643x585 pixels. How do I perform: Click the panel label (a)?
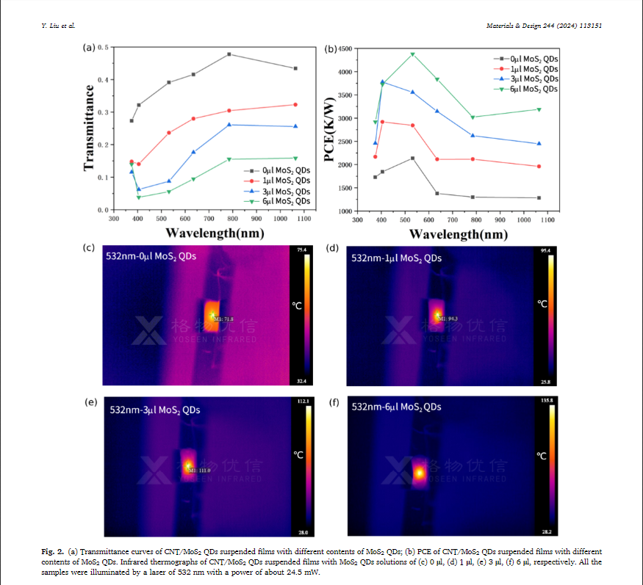89,48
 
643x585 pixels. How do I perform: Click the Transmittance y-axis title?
90,128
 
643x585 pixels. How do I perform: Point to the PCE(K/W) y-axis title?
331,128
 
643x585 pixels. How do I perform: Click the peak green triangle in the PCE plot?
412,54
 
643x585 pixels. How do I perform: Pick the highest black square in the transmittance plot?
229,54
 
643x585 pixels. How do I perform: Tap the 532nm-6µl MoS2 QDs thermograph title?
397,407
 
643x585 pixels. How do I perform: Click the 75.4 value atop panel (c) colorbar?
301,250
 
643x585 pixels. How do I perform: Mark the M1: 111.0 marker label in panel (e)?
200,470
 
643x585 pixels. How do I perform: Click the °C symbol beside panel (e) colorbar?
298,455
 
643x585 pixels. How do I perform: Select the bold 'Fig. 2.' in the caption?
52,551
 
